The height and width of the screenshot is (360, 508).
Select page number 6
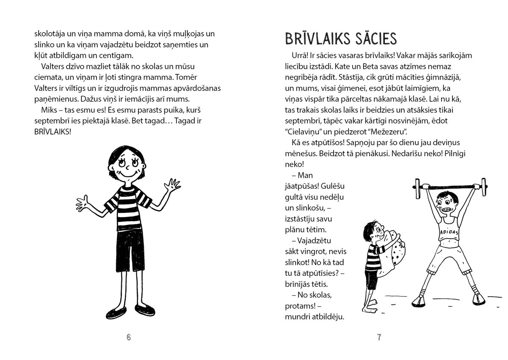tap(129, 337)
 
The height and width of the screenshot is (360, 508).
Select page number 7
tap(379, 337)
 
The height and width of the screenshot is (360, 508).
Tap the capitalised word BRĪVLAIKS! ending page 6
tap(52, 132)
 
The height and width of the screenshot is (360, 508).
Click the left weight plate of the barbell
tap(416, 185)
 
